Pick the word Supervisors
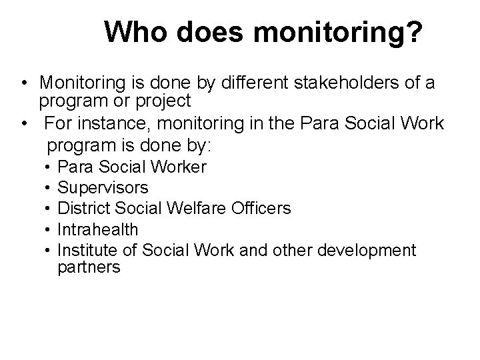tap(103, 187)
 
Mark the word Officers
tap(259, 208)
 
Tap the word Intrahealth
tap(98, 229)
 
